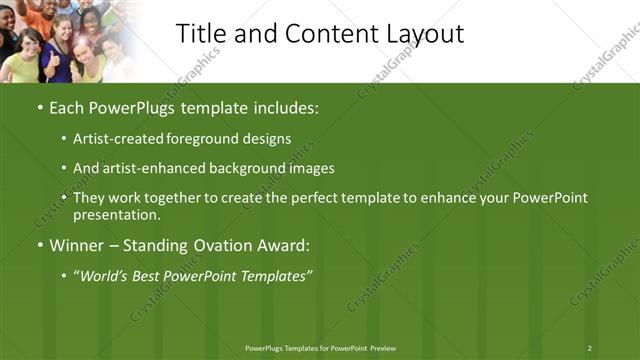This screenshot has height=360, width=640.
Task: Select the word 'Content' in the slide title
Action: pos(329,33)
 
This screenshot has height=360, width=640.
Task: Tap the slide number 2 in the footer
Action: pos(590,347)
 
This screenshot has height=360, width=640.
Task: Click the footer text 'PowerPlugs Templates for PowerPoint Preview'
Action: pos(319,347)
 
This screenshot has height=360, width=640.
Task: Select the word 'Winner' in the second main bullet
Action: pos(79,245)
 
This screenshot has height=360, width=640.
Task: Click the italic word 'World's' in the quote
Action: pos(106,274)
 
